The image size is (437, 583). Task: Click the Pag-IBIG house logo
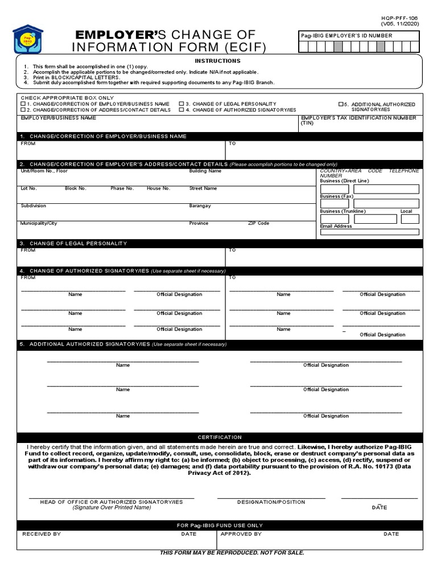click(x=27, y=40)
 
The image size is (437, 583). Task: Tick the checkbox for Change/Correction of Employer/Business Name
click(x=23, y=104)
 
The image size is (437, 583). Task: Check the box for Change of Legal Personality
click(x=181, y=104)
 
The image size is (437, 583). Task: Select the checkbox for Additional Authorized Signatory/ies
click(x=341, y=104)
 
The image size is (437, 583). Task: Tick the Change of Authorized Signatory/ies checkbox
click(x=181, y=110)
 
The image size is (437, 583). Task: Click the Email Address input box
click(x=369, y=232)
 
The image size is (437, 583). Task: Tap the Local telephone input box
click(x=410, y=219)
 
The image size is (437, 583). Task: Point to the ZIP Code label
click(x=258, y=223)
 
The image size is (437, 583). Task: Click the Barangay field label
click(x=200, y=206)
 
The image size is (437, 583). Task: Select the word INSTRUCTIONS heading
click(x=217, y=61)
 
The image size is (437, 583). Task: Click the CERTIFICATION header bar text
click(x=220, y=437)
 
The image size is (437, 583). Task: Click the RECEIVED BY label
click(x=42, y=534)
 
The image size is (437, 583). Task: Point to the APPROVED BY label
click(x=241, y=534)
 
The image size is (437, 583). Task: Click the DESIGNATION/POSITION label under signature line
click(x=271, y=502)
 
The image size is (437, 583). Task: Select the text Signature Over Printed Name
click(x=112, y=507)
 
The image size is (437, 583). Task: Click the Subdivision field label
click(x=34, y=206)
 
